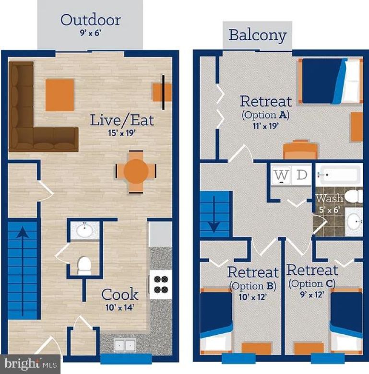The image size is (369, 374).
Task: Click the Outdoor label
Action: [x=90, y=20]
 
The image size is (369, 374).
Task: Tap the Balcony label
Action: [x=257, y=35]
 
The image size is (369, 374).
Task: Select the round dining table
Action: [x=137, y=171]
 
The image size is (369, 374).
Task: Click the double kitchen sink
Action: [x=124, y=345]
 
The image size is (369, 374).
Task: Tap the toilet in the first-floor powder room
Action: [x=84, y=265]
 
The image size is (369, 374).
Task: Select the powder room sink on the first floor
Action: [x=84, y=230]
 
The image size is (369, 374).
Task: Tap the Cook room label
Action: [x=119, y=294]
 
